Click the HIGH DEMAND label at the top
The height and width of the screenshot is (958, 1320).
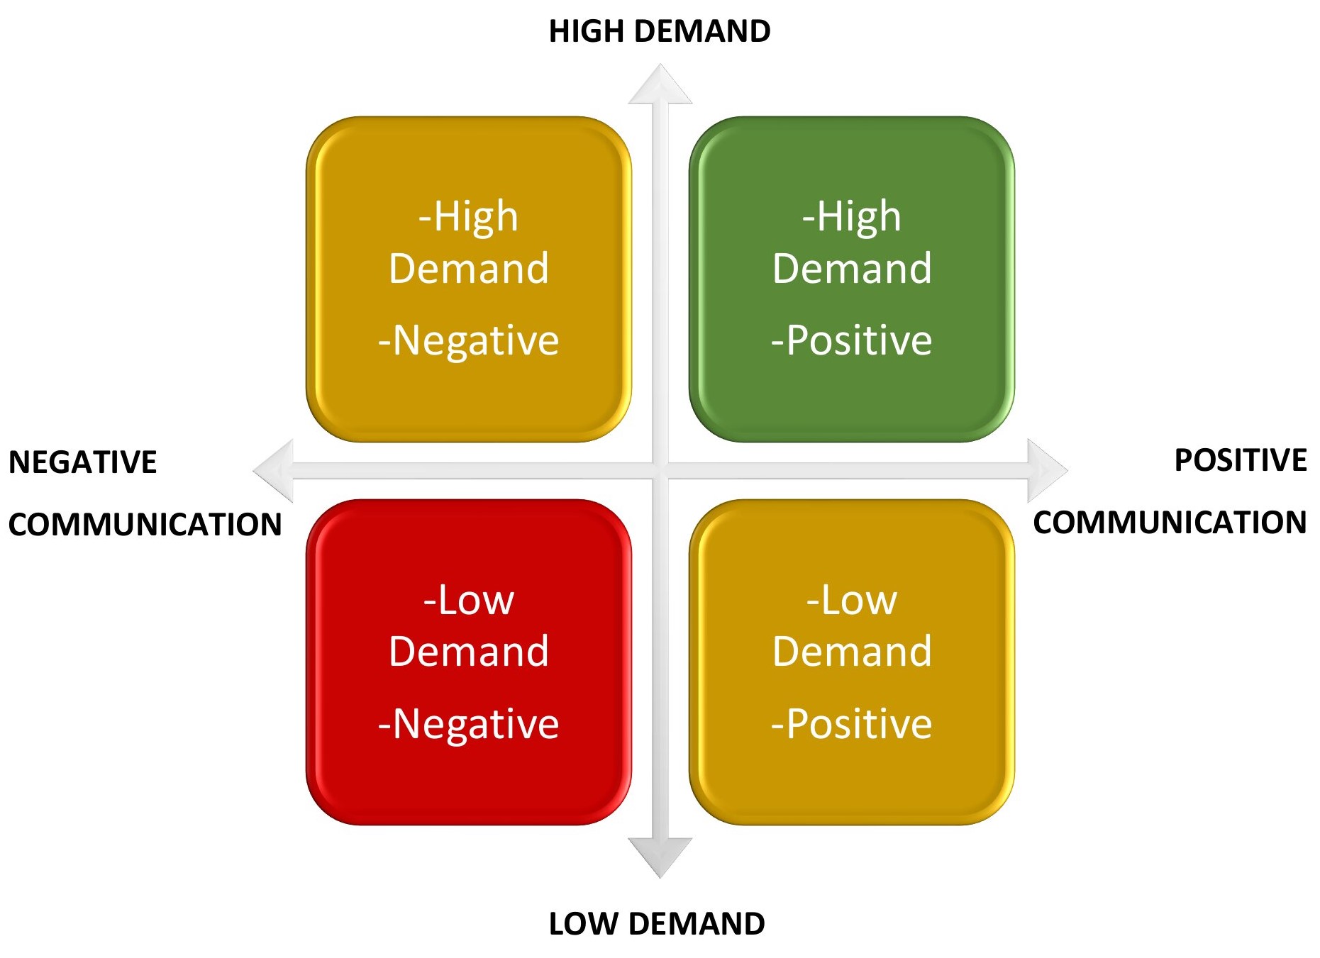click(659, 31)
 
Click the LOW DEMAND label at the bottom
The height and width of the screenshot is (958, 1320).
click(657, 923)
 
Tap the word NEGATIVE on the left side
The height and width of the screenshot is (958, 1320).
click(82, 462)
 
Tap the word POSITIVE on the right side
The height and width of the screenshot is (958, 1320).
click(1240, 460)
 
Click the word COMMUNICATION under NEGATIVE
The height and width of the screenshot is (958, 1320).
click(145, 525)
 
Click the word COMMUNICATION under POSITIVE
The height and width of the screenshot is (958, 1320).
click(1169, 523)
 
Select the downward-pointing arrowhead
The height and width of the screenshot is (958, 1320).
click(660, 856)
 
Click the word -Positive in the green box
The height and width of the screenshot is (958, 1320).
click(851, 340)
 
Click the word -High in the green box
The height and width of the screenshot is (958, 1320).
click(851, 216)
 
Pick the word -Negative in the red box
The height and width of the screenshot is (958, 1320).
click(468, 724)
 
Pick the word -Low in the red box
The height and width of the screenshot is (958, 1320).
click(468, 600)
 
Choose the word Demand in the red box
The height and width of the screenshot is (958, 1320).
click(468, 651)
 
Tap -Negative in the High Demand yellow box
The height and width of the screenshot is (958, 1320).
click(468, 340)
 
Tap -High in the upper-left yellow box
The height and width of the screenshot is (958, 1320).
click(468, 216)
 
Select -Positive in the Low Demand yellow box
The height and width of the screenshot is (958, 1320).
click(851, 724)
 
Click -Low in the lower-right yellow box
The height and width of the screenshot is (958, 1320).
click(851, 600)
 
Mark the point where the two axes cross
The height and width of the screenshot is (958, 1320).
click(660, 470)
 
